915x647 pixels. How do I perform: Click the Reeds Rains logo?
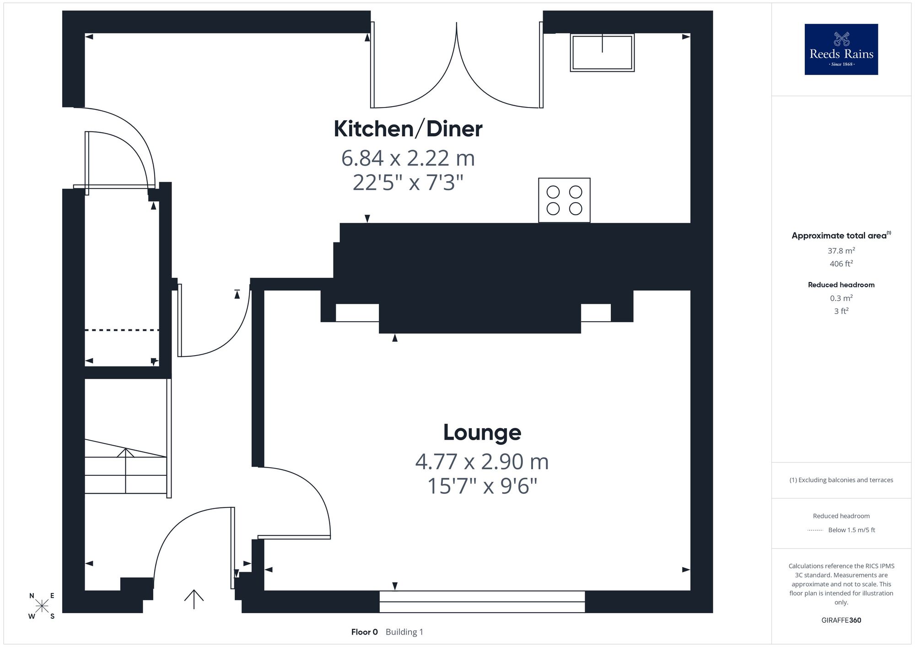tap(841, 49)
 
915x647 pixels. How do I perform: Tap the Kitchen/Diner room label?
tap(408, 129)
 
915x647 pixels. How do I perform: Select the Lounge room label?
tap(482, 432)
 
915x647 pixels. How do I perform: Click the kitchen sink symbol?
tap(602, 52)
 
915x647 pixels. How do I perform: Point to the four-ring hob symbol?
tap(564, 200)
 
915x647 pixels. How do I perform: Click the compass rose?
tap(42, 606)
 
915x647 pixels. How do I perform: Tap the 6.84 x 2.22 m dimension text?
tap(408, 158)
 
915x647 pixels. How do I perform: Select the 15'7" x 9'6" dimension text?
tap(482, 486)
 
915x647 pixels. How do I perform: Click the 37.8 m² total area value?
tap(841, 251)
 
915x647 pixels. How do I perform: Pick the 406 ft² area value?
tap(841, 264)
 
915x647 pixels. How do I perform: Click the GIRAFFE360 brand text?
tap(841, 620)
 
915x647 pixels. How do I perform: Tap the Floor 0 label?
tap(365, 632)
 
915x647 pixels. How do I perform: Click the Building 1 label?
tap(404, 632)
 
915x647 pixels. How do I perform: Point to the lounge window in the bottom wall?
tap(482, 602)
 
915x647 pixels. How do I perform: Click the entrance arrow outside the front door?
tap(194, 599)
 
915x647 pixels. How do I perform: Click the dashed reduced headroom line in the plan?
tap(122, 330)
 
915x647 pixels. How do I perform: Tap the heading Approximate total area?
tap(839, 236)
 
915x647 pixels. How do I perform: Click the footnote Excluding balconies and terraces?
tap(841, 480)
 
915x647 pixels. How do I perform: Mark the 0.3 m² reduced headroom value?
tap(841, 298)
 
